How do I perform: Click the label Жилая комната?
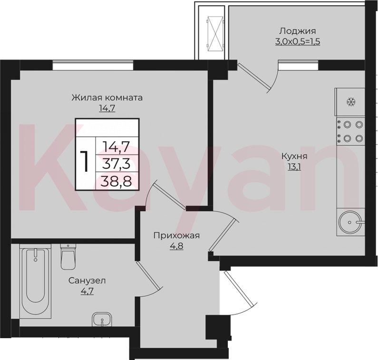[107, 97]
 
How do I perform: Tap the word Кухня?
[295, 156]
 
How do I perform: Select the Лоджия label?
[298, 31]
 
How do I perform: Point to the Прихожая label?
[177, 235]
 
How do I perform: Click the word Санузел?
[87, 281]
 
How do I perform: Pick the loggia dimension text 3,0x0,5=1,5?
[298, 42]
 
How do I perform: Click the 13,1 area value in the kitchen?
[294, 166]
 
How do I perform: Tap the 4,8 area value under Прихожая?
[177, 246]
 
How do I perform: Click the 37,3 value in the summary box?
[116, 163]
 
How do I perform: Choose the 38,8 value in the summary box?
[116, 181]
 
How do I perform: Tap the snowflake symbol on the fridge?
[351, 102]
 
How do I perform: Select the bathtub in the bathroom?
[35, 281]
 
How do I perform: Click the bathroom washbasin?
[102, 320]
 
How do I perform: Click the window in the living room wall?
[93, 65]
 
